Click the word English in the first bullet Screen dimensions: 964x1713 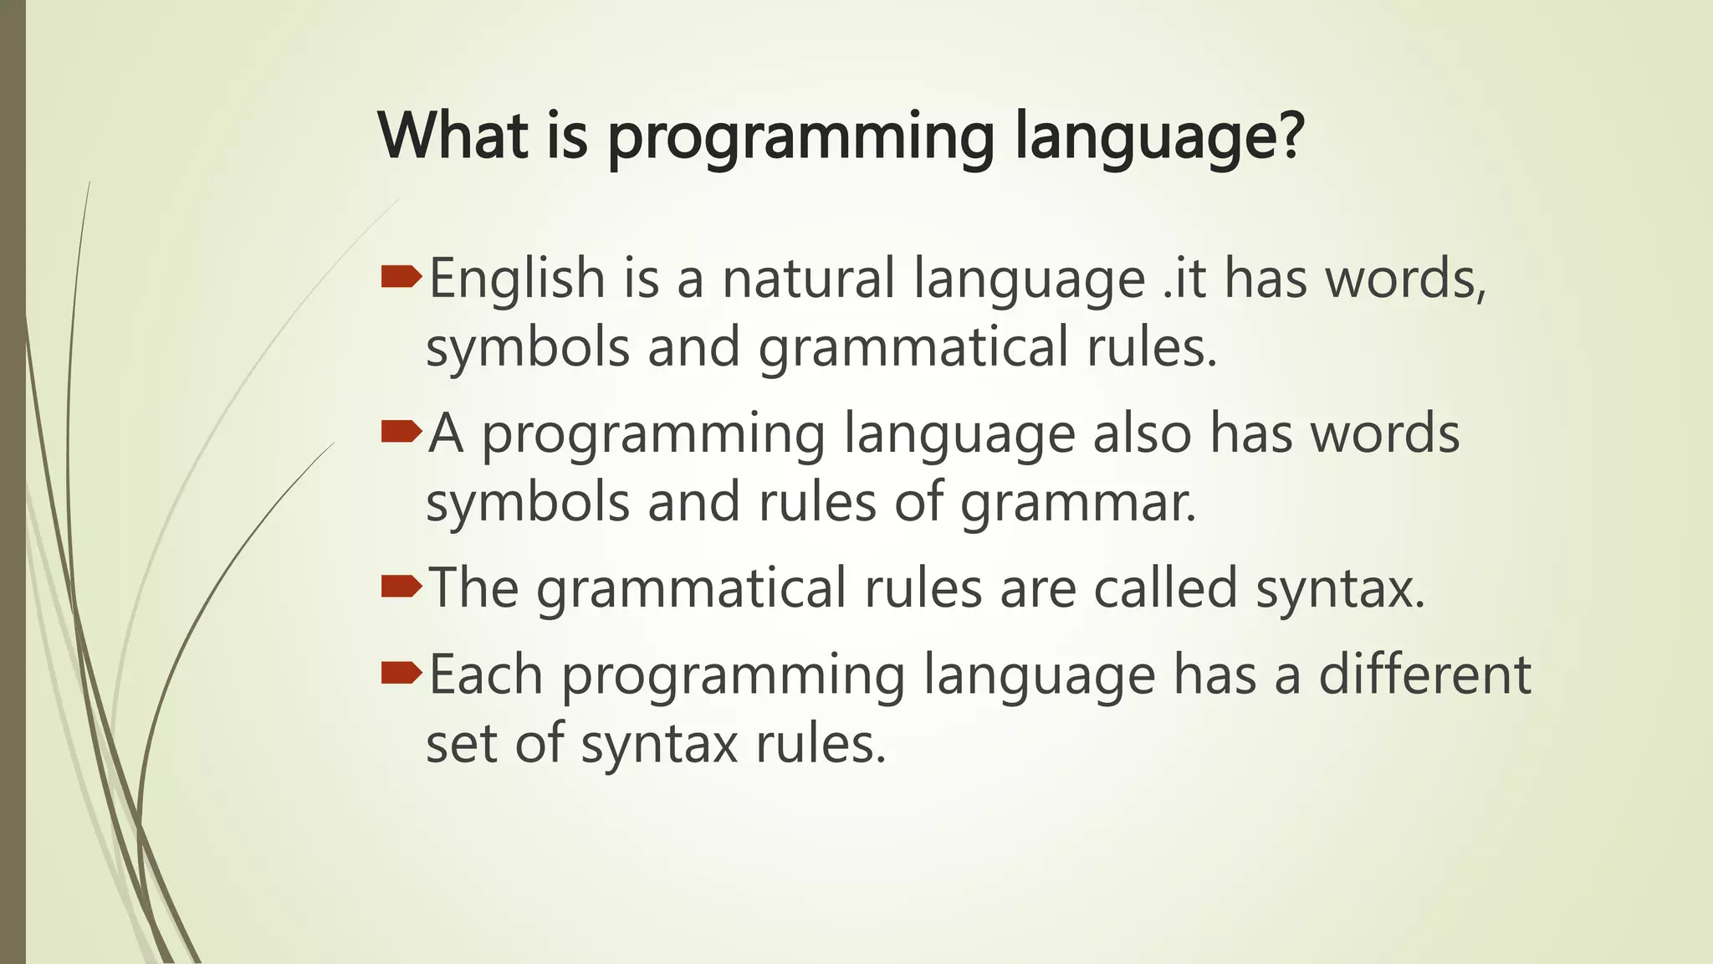click(516, 279)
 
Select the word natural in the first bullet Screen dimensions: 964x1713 click(808, 279)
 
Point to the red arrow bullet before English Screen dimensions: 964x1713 click(400, 277)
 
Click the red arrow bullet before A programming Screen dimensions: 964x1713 click(400, 432)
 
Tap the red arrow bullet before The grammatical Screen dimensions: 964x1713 click(400, 587)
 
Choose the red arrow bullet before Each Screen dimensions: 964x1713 click(400, 673)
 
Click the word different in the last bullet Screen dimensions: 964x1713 click(1424, 674)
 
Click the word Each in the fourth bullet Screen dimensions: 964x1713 click(486, 674)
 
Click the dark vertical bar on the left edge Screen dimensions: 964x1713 click(13, 482)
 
